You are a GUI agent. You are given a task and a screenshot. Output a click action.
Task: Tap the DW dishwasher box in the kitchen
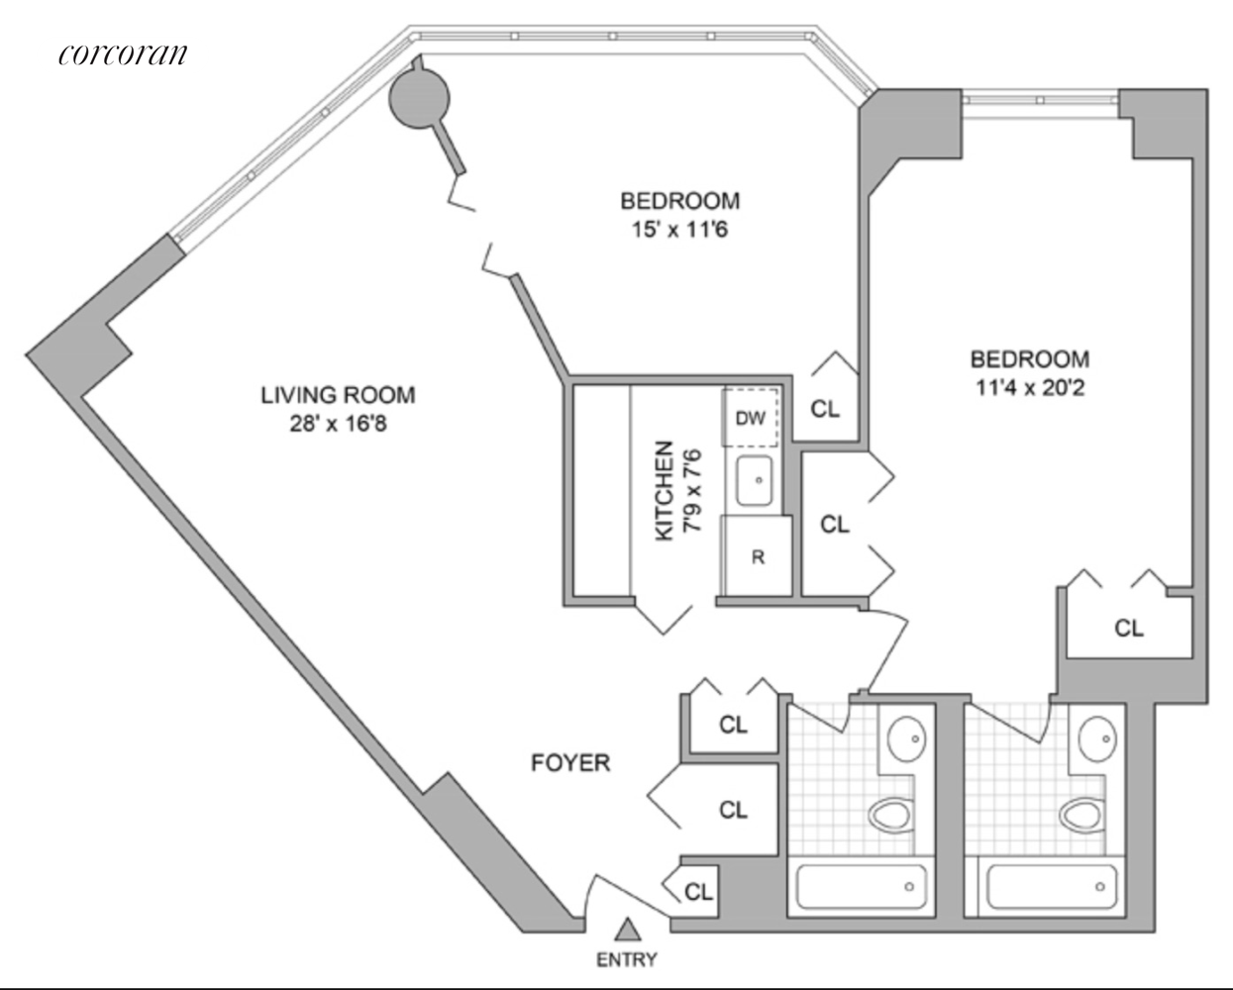pyautogui.click(x=751, y=417)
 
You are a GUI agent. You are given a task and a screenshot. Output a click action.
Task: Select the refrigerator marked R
pyautogui.click(x=758, y=556)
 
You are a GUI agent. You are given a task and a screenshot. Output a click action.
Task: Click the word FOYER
pyautogui.click(x=569, y=762)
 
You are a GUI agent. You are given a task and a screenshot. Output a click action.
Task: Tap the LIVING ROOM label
pyautogui.click(x=338, y=394)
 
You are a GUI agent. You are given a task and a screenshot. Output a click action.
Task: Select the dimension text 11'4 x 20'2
pyautogui.click(x=1029, y=387)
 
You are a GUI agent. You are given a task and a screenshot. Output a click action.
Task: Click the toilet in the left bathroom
pyautogui.click(x=893, y=815)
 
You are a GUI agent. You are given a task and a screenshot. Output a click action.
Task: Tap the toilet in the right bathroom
pyautogui.click(x=1081, y=815)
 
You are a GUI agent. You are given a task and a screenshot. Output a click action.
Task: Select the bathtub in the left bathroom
pyautogui.click(x=861, y=887)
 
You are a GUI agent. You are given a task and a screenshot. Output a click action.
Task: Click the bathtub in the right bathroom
pyautogui.click(x=1051, y=887)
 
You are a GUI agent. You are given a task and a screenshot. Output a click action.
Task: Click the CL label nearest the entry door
pyautogui.click(x=698, y=891)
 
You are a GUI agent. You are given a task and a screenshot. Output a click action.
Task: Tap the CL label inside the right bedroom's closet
pyautogui.click(x=1128, y=628)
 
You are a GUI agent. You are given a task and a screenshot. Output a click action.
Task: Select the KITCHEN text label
pyautogui.click(x=665, y=491)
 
